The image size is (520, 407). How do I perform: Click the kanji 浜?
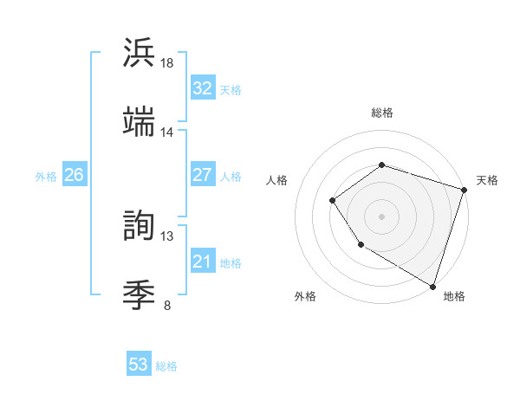point(139,53)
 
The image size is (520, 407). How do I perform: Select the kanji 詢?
point(139,226)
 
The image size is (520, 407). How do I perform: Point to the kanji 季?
point(139,295)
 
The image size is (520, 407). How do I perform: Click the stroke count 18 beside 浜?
point(167,63)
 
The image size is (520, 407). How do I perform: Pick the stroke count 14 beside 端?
point(167,132)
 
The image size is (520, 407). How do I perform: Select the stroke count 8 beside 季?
point(167,305)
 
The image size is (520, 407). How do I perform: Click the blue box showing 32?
point(202,88)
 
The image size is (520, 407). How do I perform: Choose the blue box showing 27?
point(202,175)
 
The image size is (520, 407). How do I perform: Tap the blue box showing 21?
point(202,262)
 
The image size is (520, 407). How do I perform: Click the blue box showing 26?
point(74,175)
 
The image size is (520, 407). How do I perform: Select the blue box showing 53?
point(139,365)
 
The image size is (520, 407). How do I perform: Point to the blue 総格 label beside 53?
point(166,366)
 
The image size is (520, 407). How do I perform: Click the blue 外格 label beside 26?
point(46,176)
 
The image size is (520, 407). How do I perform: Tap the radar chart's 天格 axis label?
point(487,180)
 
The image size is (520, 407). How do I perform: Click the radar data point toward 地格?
point(432,286)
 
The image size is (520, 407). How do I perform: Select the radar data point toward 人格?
point(333,201)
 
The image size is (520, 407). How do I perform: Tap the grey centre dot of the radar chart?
point(381,216)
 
